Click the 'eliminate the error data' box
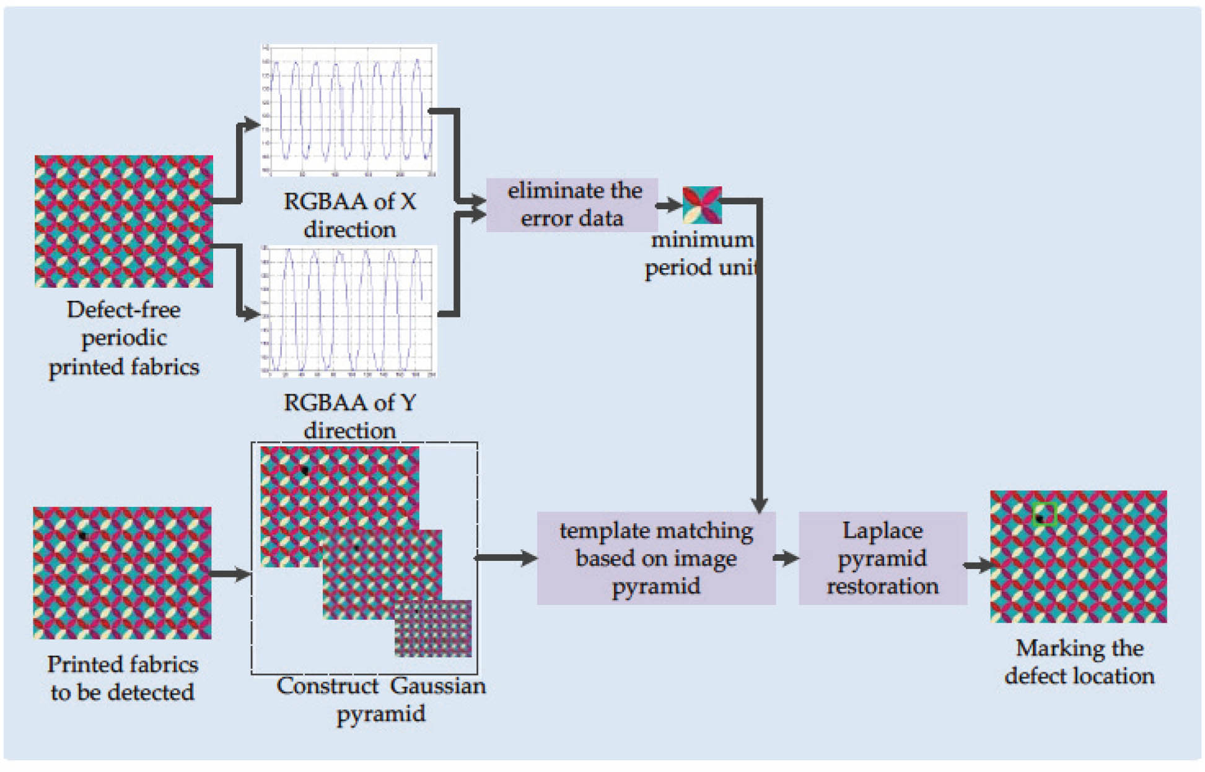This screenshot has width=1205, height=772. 571,205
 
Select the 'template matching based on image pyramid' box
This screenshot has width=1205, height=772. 655,558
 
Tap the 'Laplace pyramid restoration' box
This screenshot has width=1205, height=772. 882,558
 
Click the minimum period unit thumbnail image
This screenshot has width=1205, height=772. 702,205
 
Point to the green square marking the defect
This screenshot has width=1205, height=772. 1045,514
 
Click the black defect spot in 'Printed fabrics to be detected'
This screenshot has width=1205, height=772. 82,536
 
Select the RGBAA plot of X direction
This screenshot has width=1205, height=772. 348,110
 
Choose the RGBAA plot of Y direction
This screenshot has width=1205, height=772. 348,311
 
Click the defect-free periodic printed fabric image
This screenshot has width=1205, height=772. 123,221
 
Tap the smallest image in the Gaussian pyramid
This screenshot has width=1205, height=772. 433,628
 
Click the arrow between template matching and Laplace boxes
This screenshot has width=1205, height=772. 787,558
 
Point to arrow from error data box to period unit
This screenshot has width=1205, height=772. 669,205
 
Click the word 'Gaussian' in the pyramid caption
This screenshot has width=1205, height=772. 437,686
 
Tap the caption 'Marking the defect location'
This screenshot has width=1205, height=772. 1079,662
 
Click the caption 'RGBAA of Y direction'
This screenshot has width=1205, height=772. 349,416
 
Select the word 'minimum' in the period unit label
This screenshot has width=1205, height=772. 701,240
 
